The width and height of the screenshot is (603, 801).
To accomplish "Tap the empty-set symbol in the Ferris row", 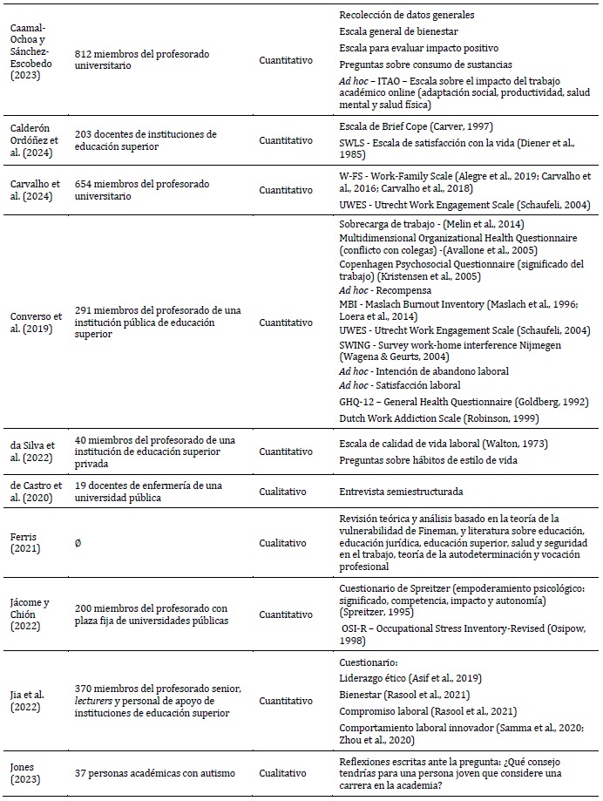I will [78, 542].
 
